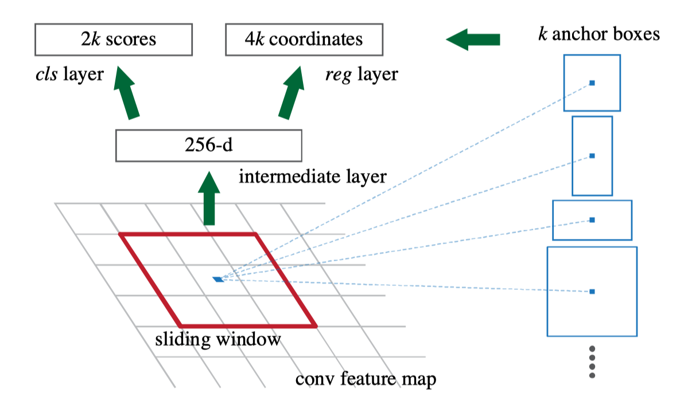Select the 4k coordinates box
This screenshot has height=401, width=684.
304,39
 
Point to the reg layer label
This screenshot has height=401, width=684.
361,74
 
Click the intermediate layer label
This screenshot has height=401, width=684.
313,176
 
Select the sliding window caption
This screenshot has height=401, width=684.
218,339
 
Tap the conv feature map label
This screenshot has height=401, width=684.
366,379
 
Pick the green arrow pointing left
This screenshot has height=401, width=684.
473,39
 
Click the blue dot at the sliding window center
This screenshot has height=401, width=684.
218,279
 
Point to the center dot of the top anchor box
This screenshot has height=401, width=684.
592,83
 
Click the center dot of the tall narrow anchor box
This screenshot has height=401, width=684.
592,156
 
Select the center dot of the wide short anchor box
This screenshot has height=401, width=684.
592,220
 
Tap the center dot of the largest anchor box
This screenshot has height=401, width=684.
592,292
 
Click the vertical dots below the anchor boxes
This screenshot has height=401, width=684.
592,361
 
